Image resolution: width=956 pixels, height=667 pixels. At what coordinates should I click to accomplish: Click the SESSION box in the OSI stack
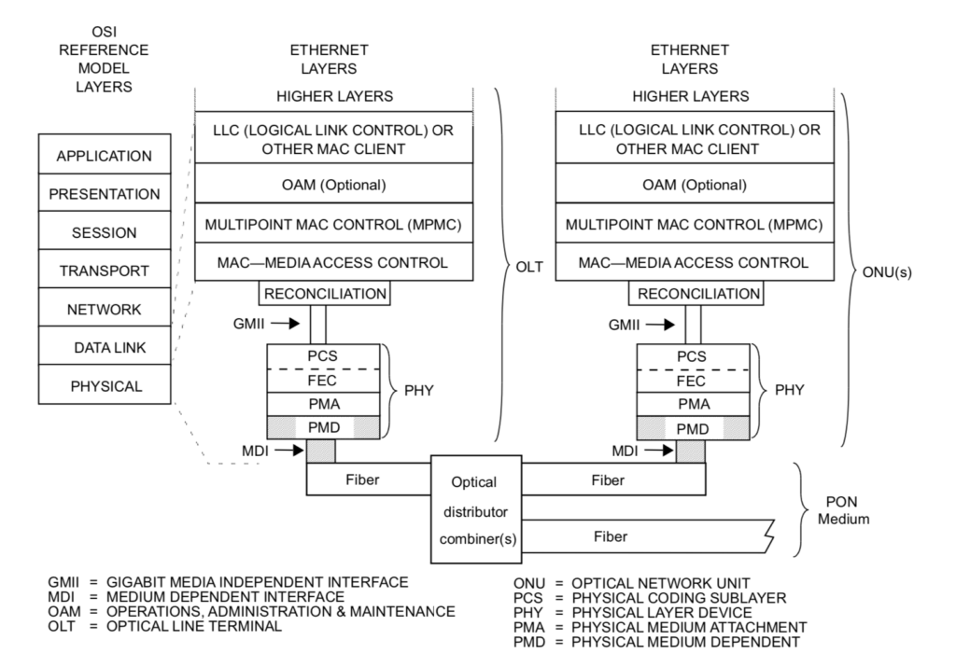tap(105, 232)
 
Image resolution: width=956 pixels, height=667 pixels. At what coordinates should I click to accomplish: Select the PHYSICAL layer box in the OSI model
tap(105, 385)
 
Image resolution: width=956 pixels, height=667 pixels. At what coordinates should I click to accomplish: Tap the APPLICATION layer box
tap(105, 156)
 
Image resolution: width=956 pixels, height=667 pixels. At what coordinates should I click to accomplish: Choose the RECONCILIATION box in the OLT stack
tap(324, 294)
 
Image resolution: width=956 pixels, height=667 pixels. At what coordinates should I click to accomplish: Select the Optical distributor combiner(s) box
tap(475, 509)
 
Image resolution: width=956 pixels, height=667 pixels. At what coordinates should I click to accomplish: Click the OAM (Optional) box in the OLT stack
tap(333, 185)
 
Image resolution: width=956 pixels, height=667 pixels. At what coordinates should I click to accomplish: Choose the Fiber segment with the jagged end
tap(616, 537)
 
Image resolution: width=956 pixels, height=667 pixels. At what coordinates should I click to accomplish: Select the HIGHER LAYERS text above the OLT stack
tap(333, 96)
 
